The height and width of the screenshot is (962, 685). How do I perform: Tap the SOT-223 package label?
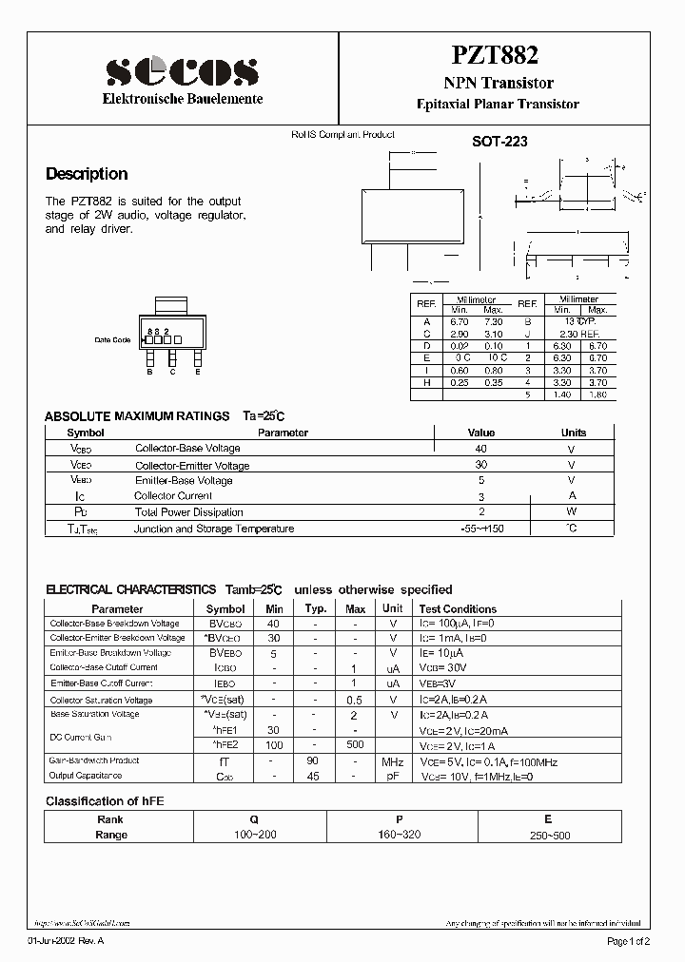[x=499, y=142]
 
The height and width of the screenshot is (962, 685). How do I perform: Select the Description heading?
[x=87, y=174]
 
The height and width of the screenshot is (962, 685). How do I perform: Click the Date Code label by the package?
[x=112, y=339]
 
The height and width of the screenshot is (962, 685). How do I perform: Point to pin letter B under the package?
[x=150, y=372]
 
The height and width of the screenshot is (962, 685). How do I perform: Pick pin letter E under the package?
[x=197, y=372]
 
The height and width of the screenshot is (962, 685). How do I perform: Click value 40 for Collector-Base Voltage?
[x=481, y=449]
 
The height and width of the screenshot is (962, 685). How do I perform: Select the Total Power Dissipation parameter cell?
[x=188, y=512]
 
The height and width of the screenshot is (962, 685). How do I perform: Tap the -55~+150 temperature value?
[x=481, y=529]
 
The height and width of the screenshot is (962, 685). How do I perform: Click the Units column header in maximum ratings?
[x=574, y=433]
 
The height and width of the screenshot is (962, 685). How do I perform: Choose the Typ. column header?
[x=316, y=608]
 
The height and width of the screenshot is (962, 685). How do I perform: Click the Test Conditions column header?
[x=458, y=608]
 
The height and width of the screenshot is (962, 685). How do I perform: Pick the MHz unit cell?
[x=392, y=761]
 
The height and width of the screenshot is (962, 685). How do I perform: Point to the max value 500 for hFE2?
[x=355, y=744]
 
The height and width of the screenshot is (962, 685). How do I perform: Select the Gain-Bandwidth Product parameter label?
[x=94, y=760]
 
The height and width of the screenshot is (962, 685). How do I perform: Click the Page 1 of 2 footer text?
[x=628, y=941]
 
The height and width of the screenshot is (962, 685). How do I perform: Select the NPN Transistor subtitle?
[x=499, y=85]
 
